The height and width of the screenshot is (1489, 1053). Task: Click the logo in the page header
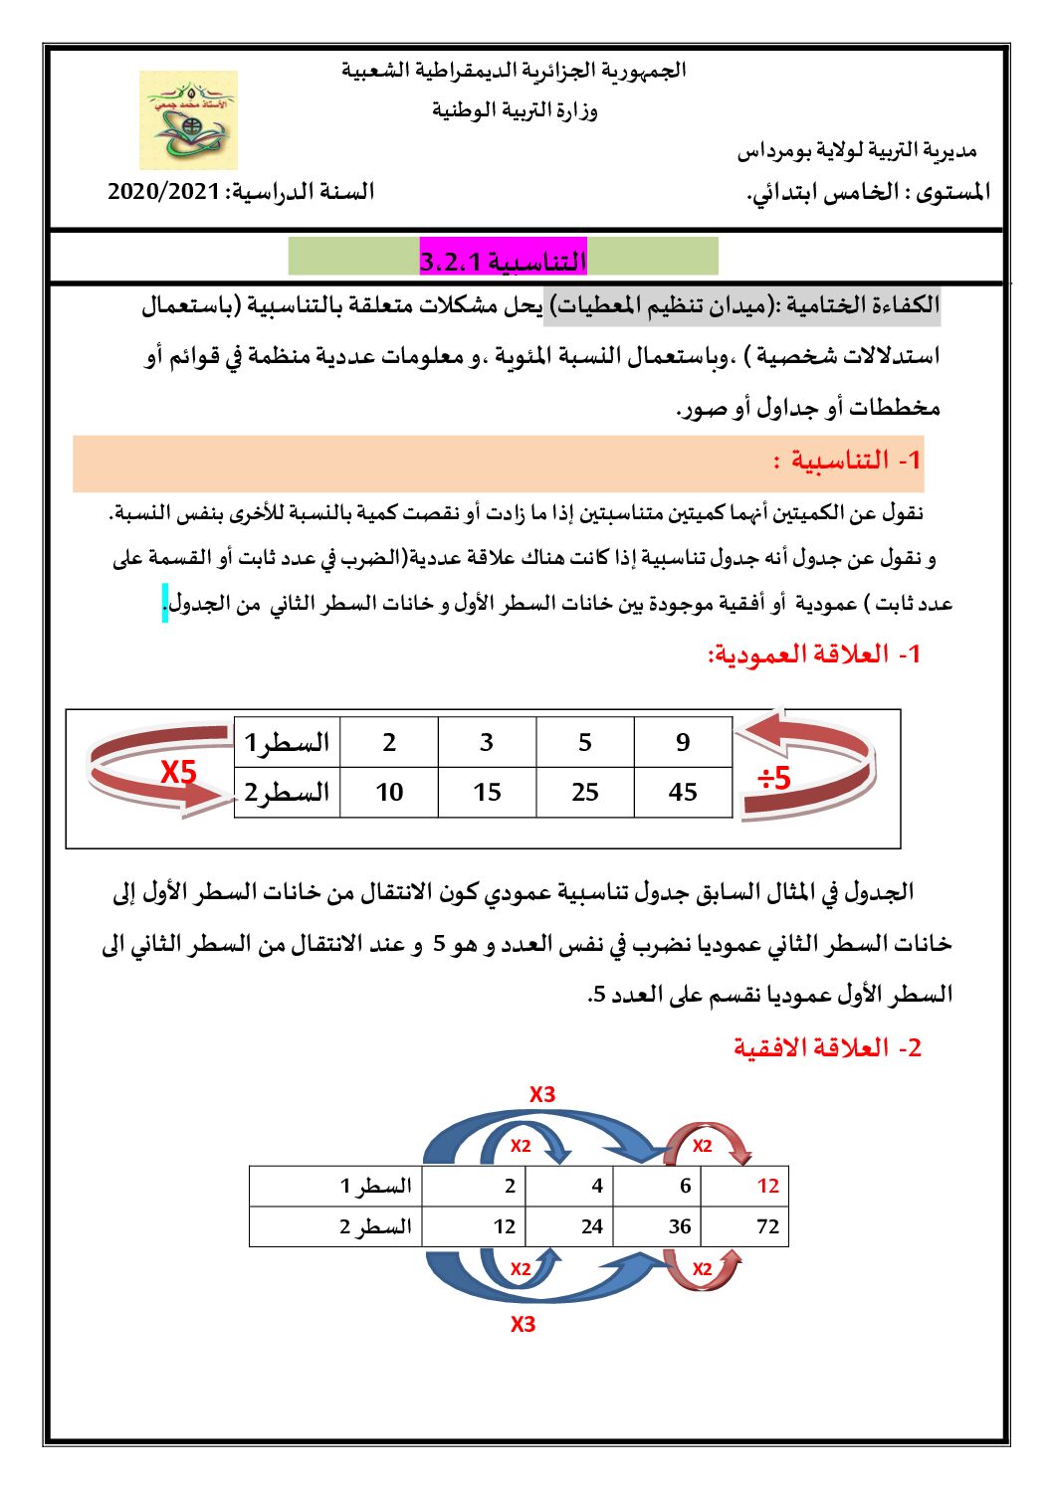pyautogui.click(x=188, y=120)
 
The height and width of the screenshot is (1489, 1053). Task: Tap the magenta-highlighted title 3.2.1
pyautogui.click(x=503, y=261)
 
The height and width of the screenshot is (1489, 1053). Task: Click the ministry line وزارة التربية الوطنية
pyautogui.click(x=515, y=109)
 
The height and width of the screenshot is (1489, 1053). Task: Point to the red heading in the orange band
pyautogui.click(x=847, y=461)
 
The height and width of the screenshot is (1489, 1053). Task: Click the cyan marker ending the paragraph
pyautogui.click(x=165, y=603)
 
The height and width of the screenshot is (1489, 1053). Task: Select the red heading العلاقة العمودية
pyautogui.click(x=814, y=654)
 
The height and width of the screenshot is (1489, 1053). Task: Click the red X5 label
pyautogui.click(x=179, y=772)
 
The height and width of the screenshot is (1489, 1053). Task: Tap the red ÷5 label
pyautogui.click(x=774, y=778)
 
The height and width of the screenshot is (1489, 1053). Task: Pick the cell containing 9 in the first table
pyautogui.click(x=683, y=742)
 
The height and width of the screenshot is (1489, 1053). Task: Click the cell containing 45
pyautogui.click(x=683, y=792)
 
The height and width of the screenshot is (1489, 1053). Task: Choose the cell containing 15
pyautogui.click(x=487, y=792)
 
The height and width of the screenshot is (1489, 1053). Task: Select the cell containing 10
pyautogui.click(x=389, y=792)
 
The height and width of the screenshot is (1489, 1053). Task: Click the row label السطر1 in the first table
pyautogui.click(x=288, y=742)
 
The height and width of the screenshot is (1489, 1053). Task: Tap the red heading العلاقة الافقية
pyautogui.click(x=828, y=1047)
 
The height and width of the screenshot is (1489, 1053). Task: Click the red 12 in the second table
pyautogui.click(x=767, y=1186)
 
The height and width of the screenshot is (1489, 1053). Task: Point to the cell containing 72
pyautogui.click(x=767, y=1226)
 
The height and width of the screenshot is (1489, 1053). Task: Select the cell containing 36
pyautogui.click(x=680, y=1226)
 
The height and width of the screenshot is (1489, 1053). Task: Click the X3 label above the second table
pyautogui.click(x=542, y=1094)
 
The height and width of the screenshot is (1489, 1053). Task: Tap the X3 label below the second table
pyautogui.click(x=524, y=1324)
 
